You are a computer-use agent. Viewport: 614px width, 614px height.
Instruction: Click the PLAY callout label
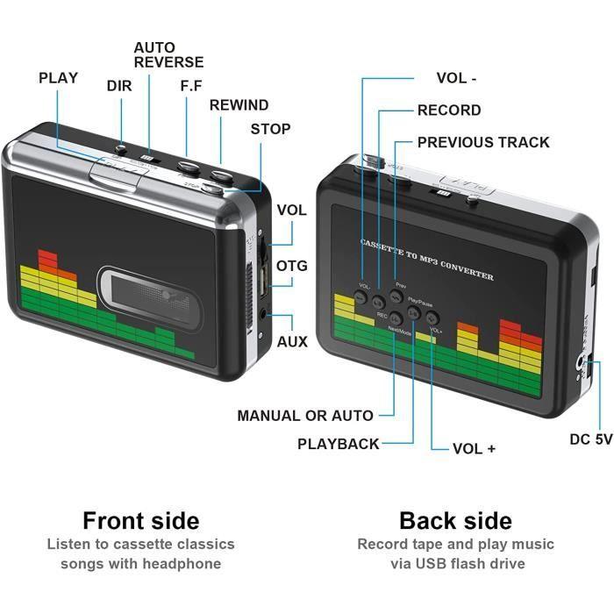point(58,78)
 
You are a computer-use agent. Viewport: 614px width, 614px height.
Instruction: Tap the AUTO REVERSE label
point(168,54)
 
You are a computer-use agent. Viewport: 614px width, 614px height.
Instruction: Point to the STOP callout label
point(270,129)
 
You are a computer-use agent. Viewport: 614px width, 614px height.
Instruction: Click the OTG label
point(292,266)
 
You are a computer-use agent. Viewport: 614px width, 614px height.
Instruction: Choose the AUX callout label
point(292,341)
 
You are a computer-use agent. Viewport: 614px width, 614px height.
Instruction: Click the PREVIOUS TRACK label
point(483,142)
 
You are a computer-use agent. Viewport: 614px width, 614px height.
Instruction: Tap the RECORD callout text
point(449,111)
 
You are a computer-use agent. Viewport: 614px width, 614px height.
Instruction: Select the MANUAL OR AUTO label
point(305,416)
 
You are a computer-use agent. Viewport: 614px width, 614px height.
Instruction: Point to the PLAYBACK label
point(339,444)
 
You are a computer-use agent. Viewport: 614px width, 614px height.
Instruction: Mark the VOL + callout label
point(475,449)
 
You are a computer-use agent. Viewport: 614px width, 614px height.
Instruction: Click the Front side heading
point(140,521)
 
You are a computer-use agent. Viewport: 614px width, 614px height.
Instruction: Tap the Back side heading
point(455,521)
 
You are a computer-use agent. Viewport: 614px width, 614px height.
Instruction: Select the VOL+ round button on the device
point(432,318)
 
